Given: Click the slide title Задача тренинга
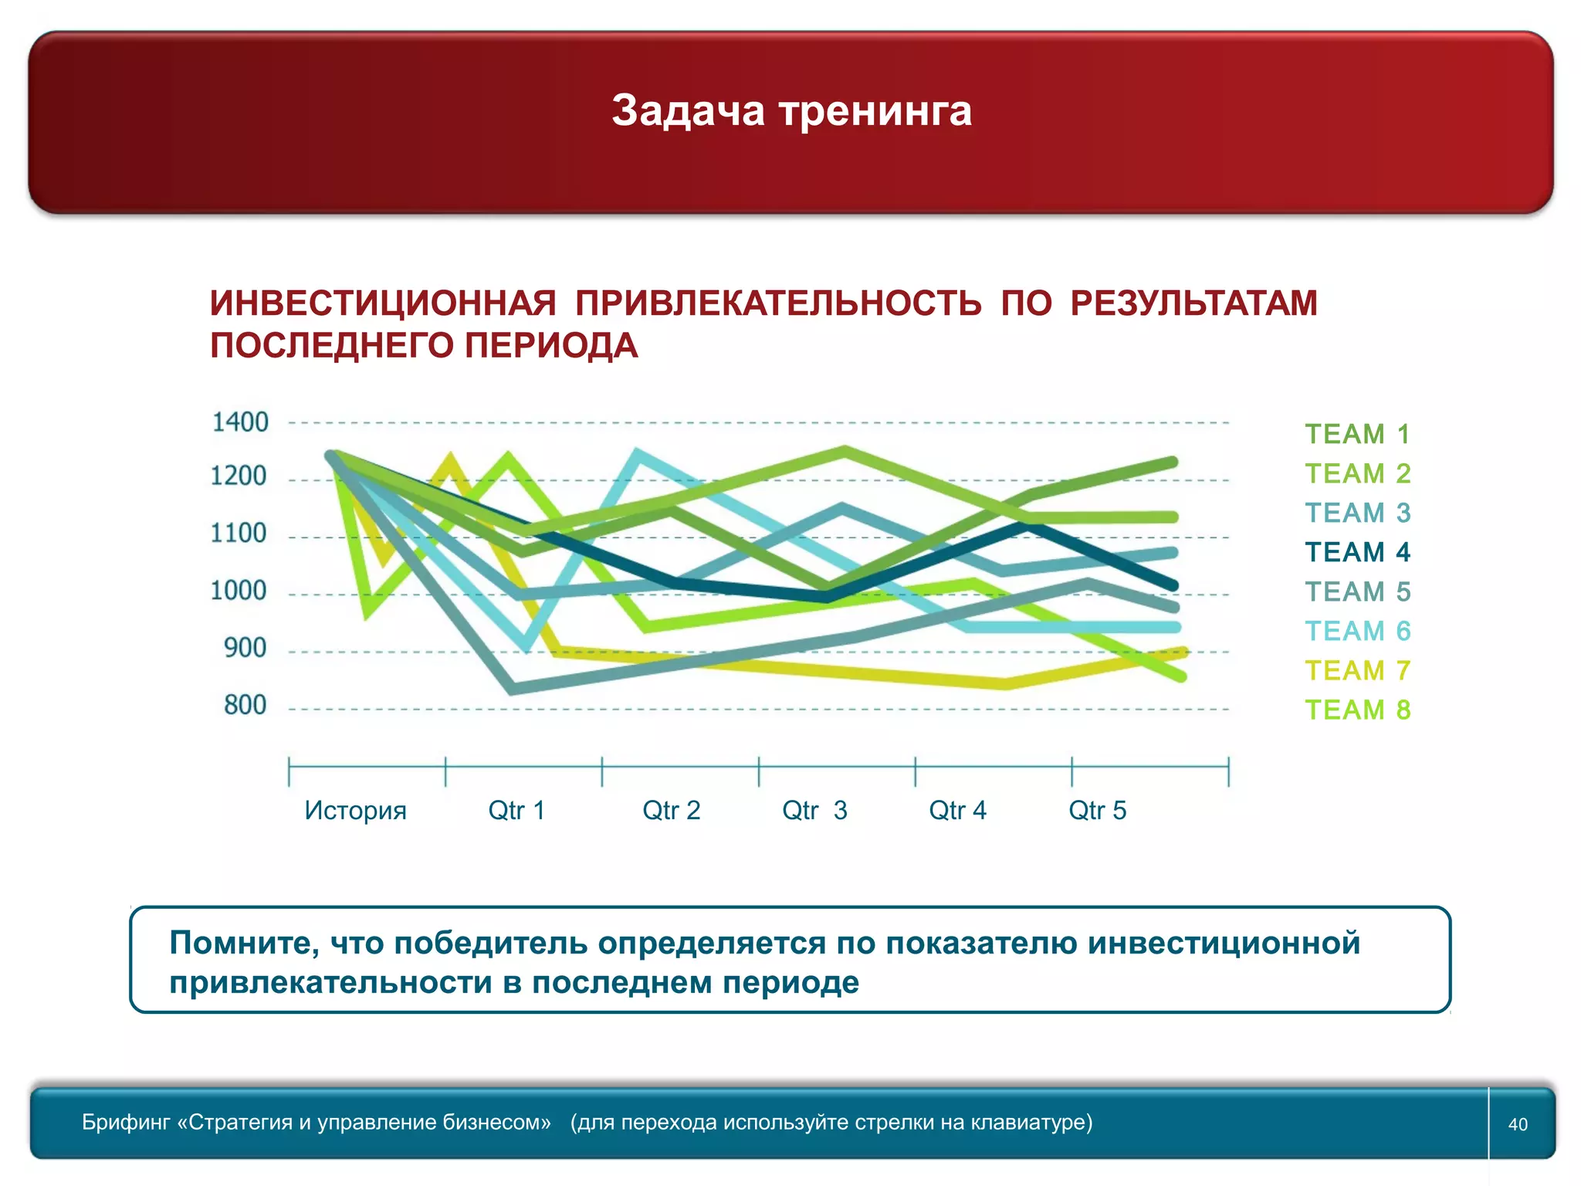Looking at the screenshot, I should point(791,110).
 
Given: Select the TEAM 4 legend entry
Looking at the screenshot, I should point(1357,552).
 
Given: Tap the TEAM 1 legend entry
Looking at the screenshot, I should point(1357,434).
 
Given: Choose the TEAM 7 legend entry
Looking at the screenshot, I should point(1357,670).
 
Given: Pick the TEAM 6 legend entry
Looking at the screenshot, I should point(1357,631).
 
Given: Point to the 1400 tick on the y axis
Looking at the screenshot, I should point(240,422).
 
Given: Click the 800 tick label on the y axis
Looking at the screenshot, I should point(245,705).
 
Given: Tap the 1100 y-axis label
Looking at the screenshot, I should point(239,533).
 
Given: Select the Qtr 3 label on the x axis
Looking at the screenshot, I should point(814,810).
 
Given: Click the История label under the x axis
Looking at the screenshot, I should point(355,810).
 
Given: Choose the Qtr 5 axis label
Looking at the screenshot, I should point(1097,810).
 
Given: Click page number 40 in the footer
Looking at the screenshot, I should point(1518,1124).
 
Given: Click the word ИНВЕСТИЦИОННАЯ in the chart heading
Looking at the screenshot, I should point(383,303).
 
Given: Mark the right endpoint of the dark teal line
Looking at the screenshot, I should point(1173,585).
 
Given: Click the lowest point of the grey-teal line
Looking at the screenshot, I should point(513,690).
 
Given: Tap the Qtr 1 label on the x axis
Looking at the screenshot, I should point(516,810).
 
